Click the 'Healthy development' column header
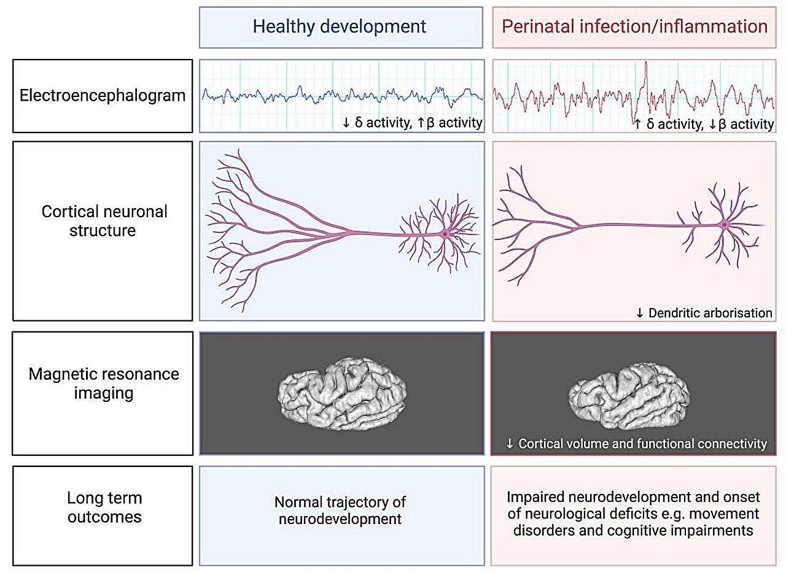pos(340,26)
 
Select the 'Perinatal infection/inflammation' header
pos(634,26)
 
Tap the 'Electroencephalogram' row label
pos(103,96)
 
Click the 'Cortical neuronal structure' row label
pos(104,221)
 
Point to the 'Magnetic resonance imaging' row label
pos(104,383)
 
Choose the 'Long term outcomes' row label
pos(104,507)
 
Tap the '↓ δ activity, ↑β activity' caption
pos(412,123)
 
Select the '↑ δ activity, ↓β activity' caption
pos(704,124)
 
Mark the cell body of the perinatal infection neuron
pos(725,225)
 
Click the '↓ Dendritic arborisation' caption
pos(704,312)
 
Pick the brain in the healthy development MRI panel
pos(343,393)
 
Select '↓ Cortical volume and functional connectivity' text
pos(636,443)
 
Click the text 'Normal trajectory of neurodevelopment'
pos(340,510)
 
